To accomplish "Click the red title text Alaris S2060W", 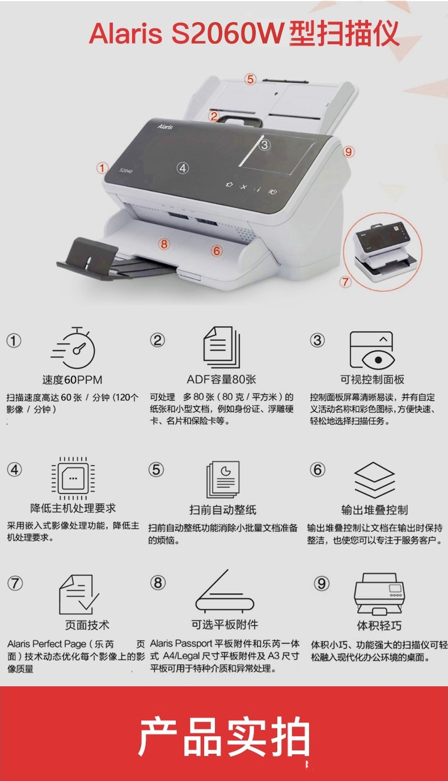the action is click(186, 33).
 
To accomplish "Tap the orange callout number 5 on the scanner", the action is click(250, 79).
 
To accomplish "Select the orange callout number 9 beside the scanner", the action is click(348, 151).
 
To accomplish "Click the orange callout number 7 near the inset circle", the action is click(345, 281).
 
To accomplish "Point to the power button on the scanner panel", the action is click(273, 191).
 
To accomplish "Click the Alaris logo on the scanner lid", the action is click(165, 126).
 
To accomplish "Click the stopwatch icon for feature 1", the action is click(74, 348).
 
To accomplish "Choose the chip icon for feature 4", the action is click(73, 478).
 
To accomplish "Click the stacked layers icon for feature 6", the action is click(374, 480).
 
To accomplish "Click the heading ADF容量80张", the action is click(221, 379).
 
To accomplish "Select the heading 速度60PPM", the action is click(73, 379).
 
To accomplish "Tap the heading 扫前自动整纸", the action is click(223, 510).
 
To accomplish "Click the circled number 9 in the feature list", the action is click(322, 583).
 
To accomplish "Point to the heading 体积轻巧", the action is click(379, 626).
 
